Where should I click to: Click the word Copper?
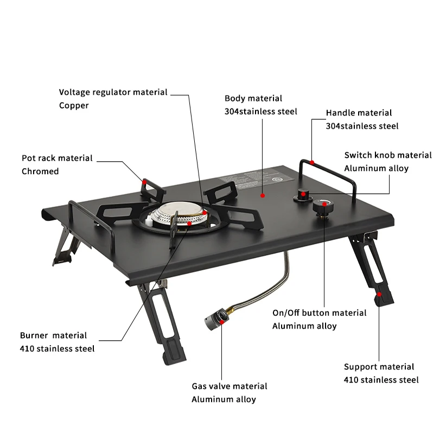click(74, 105)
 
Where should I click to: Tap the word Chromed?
click(40, 171)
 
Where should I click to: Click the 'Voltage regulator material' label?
click(113, 92)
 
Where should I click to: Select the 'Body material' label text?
click(253, 98)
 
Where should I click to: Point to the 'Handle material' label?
click(359, 113)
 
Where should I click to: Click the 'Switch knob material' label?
click(388, 155)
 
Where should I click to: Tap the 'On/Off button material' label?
click(320, 313)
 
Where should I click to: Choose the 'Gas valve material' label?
click(230, 386)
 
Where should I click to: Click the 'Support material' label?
click(379, 367)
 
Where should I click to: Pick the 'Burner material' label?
click(53, 335)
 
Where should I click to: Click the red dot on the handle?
click(312, 162)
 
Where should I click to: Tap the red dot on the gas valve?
click(222, 322)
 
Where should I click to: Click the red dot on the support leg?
click(379, 295)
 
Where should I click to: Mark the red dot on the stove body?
click(263, 195)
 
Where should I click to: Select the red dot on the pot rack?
click(144, 182)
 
